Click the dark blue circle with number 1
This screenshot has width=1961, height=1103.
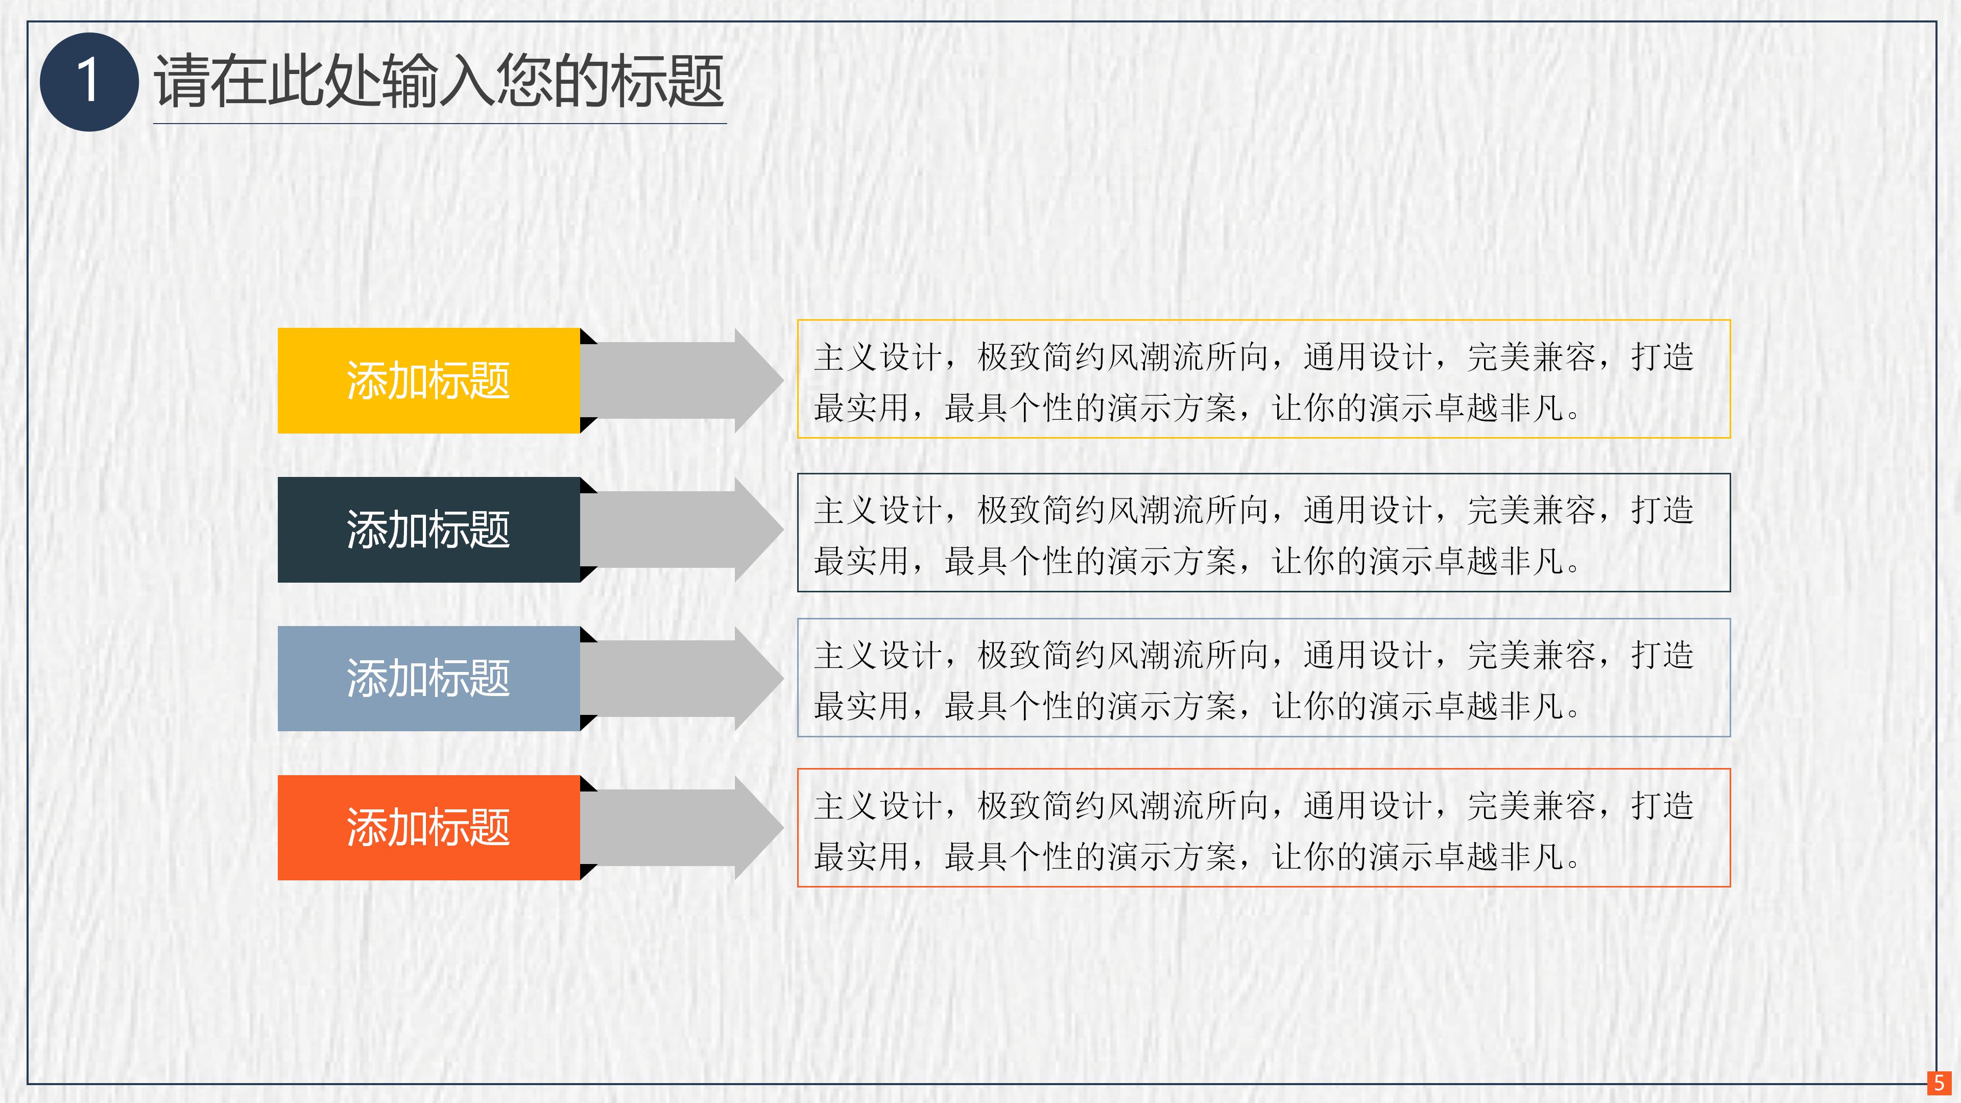88,82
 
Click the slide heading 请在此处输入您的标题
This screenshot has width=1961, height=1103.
439,82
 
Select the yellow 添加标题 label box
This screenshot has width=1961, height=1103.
428,380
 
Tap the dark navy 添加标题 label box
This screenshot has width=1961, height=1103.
428,530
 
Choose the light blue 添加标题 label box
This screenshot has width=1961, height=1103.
428,678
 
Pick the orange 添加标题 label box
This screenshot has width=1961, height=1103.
428,827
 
